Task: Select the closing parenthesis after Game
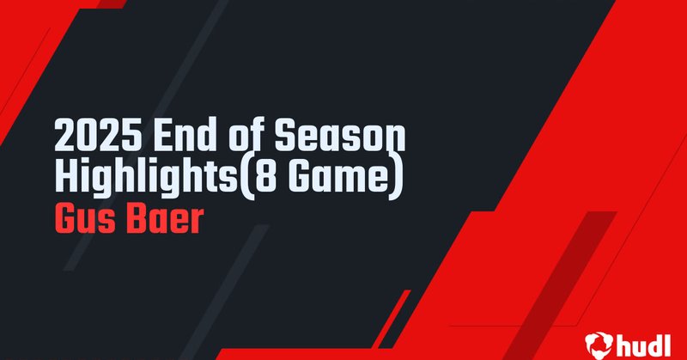397,176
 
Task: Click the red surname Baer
170,218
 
